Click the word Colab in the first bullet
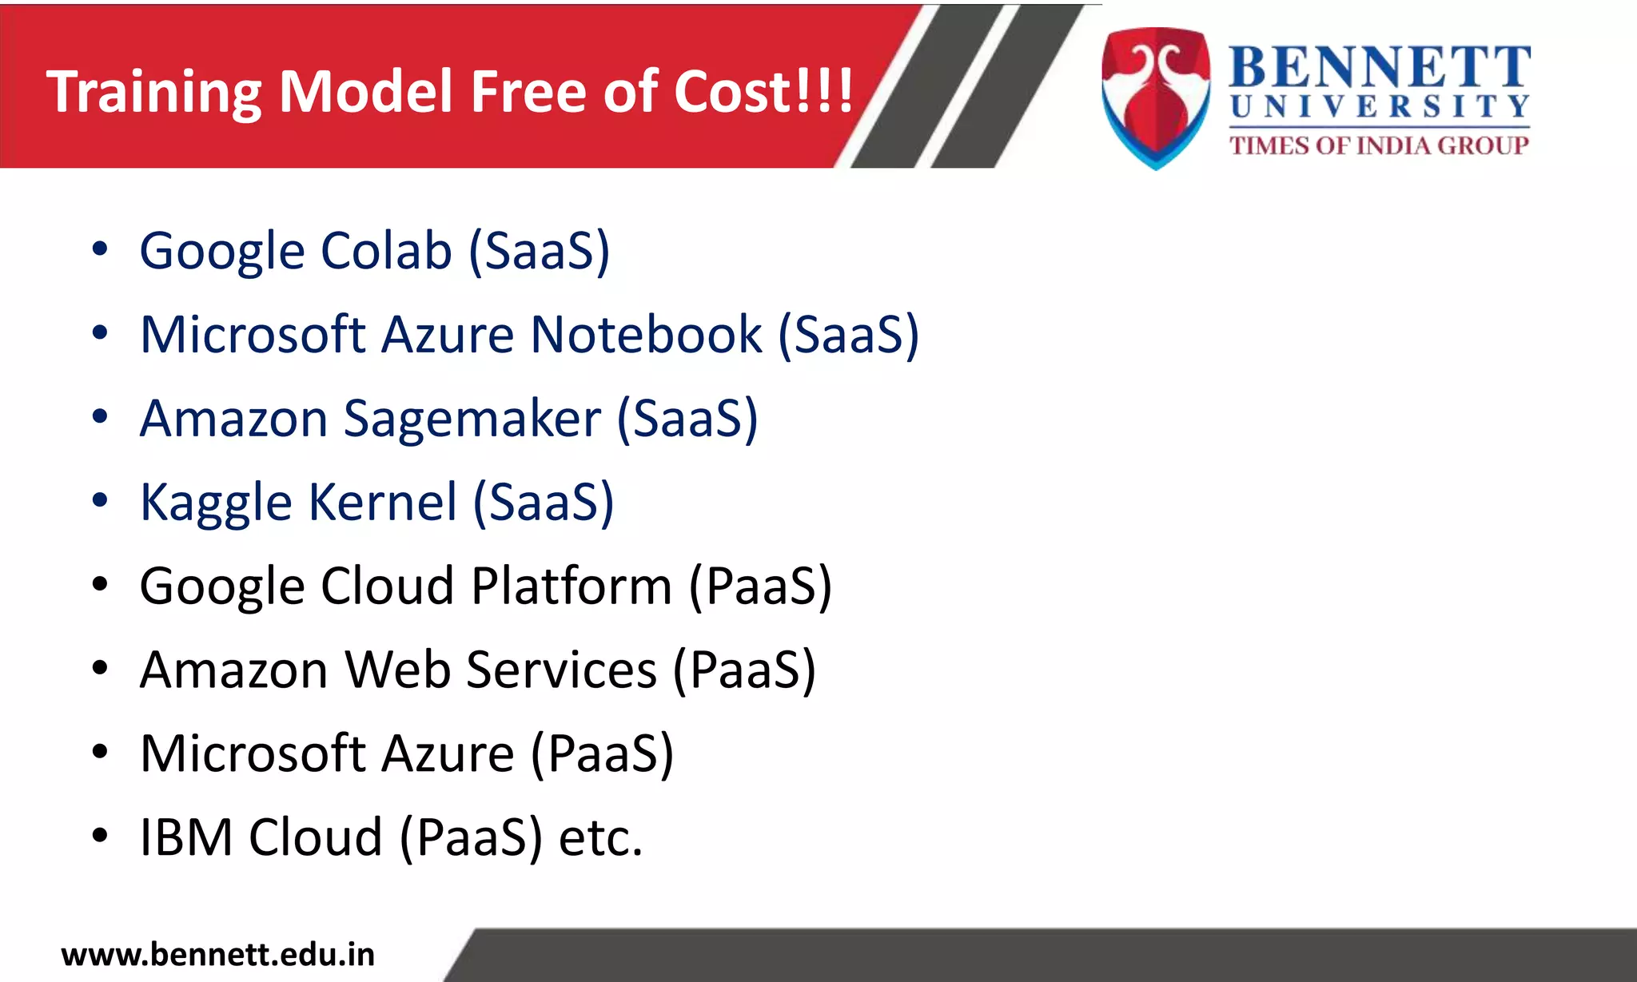(386, 251)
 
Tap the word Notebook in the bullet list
(647, 334)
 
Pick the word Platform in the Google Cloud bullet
(572, 586)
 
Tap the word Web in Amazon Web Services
(397, 670)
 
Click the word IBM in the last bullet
(186, 837)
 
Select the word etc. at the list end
(600, 837)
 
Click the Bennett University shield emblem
(1155, 96)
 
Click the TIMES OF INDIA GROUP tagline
(1379, 145)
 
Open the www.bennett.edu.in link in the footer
(217, 955)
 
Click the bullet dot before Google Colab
(99, 249)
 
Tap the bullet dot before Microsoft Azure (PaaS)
(99, 752)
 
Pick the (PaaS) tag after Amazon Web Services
(744, 670)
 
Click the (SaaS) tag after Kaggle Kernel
(544, 503)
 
